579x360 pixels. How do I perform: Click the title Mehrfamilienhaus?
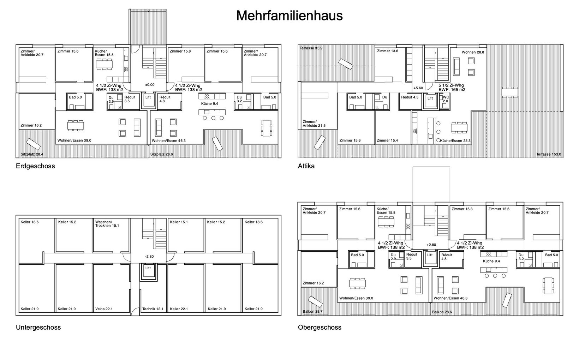289,16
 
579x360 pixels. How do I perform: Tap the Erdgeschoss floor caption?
35,166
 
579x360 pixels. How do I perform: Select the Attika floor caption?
306,166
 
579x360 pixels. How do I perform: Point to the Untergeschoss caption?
38,328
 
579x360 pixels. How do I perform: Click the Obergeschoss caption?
320,328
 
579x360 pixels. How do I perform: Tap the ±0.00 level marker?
150,85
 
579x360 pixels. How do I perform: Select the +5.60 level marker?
418,88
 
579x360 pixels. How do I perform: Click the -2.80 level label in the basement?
149,257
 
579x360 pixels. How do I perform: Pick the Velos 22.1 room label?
104,309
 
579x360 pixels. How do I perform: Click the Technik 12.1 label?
153,309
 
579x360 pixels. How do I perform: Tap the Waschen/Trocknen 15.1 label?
107,224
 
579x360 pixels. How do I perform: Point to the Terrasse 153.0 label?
549,154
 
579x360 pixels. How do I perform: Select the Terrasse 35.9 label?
311,48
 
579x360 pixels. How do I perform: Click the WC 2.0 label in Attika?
446,99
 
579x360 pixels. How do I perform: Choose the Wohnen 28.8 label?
473,52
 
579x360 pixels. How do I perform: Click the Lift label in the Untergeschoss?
148,268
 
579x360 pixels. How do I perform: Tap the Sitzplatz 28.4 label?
32,154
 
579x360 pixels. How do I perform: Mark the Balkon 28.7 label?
312,311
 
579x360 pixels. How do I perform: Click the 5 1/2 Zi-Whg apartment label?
451,85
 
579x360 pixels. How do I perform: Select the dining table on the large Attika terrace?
510,92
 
